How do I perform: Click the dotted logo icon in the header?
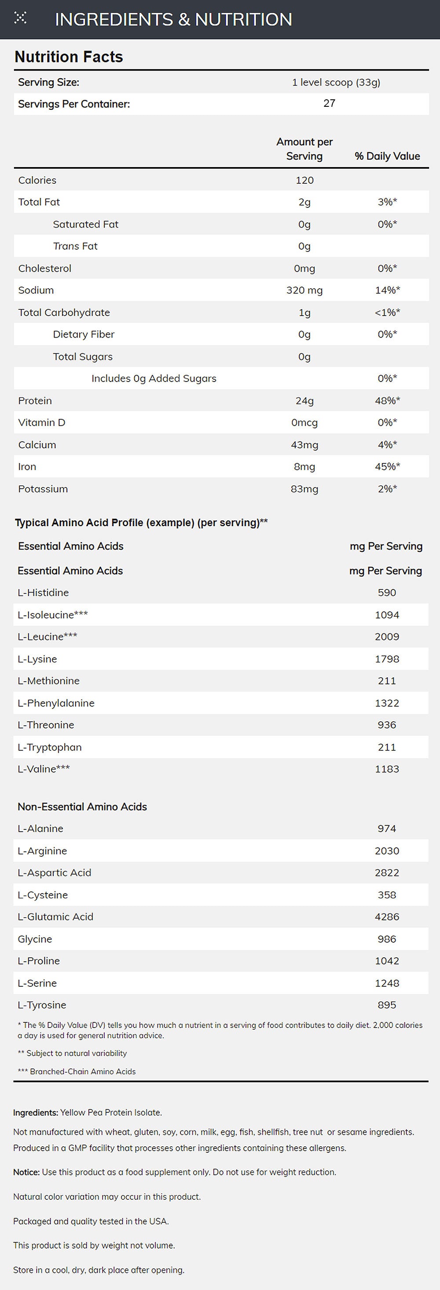pyautogui.click(x=20, y=18)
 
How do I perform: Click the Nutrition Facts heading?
pyautogui.click(x=69, y=57)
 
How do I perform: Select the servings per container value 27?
pyautogui.click(x=329, y=103)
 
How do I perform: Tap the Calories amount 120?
pyautogui.click(x=304, y=180)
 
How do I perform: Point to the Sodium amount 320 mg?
pyautogui.click(x=304, y=291)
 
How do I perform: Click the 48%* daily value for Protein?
pyautogui.click(x=387, y=400)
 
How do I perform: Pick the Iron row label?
pyautogui.click(x=27, y=467)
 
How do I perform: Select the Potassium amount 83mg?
pyautogui.click(x=304, y=489)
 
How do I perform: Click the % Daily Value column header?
pyautogui.click(x=387, y=156)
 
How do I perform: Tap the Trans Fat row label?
pyautogui.click(x=75, y=247)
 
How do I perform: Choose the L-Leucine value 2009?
pyautogui.click(x=387, y=637)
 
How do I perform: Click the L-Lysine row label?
pyautogui.click(x=37, y=659)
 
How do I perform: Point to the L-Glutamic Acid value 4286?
pyautogui.click(x=387, y=917)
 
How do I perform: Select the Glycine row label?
pyautogui.click(x=35, y=939)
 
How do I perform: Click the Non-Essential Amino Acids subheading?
pyautogui.click(x=82, y=807)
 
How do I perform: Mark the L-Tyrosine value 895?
pyautogui.click(x=387, y=1005)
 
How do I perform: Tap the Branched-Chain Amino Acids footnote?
pyautogui.click(x=77, y=1072)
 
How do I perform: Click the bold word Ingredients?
pyautogui.click(x=36, y=1113)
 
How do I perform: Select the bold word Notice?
pyautogui.click(x=26, y=1172)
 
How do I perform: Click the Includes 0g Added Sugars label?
pyautogui.click(x=154, y=378)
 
